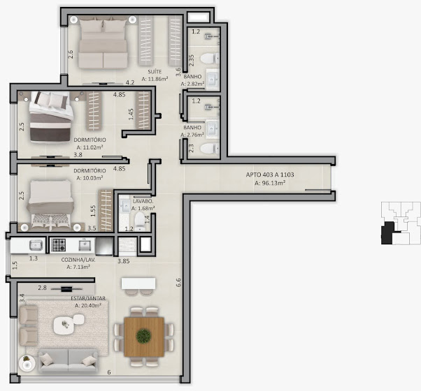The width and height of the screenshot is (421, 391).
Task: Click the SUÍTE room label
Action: (155, 71)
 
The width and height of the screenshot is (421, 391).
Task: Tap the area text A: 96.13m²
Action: (270, 183)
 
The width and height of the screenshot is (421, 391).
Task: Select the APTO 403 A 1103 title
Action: (270, 175)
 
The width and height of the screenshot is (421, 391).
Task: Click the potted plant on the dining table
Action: (143, 336)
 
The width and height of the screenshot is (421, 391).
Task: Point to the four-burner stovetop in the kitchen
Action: (59, 245)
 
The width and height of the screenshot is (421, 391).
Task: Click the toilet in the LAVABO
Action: (140, 221)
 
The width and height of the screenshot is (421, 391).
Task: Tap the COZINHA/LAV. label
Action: (78, 260)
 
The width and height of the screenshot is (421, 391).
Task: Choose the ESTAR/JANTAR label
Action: (88, 298)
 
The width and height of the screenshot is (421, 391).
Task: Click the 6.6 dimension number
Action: (178, 283)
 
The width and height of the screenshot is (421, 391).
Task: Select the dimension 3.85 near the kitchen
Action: (124, 261)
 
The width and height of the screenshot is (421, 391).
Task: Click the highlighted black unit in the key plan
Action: (387, 233)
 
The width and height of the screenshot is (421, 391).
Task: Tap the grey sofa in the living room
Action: (68, 361)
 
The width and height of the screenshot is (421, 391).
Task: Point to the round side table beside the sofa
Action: (27, 363)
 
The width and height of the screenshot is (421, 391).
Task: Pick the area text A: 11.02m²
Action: (90, 147)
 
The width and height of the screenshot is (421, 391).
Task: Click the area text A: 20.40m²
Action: (88, 305)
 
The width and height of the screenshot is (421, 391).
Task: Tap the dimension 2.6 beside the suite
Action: (71, 54)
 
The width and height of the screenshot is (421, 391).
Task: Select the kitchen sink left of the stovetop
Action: (36, 245)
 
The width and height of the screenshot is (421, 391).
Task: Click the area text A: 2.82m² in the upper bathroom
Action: (192, 84)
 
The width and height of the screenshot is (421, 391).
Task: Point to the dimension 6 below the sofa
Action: (109, 372)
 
